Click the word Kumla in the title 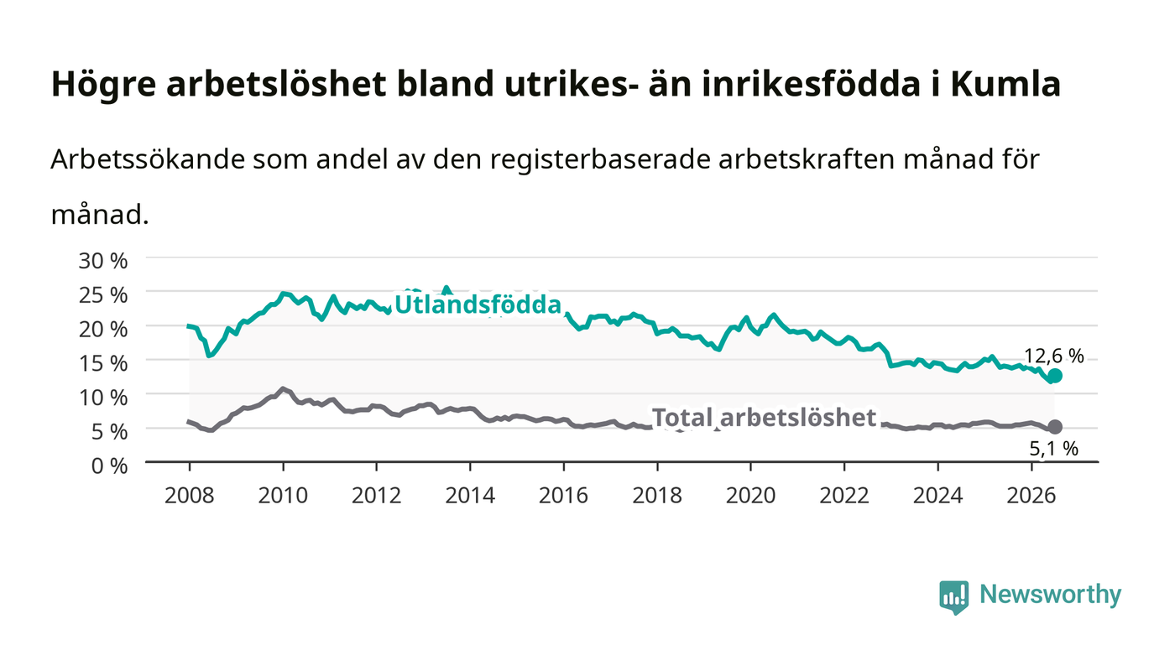[x=1006, y=84]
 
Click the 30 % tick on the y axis [x=103, y=261]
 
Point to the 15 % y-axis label [x=103, y=363]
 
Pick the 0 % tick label [x=110, y=466]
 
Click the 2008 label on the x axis [x=190, y=496]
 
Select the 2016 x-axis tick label [x=563, y=496]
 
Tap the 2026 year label [x=1031, y=496]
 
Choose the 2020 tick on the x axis [x=750, y=496]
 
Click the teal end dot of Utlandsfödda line [x=1055, y=376]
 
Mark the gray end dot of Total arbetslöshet [x=1055, y=427]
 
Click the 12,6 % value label [x=1054, y=356]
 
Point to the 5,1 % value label [x=1054, y=449]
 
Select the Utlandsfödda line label [x=478, y=304]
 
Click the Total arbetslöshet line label [x=764, y=418]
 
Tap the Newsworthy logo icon [x=953, y=597]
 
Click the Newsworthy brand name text [x=1050, y=594]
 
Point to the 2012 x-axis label [x=376, y=496]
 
